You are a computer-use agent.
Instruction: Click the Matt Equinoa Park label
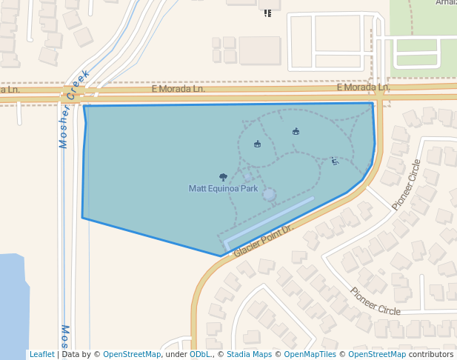pyautogui.click(x=223, y=189)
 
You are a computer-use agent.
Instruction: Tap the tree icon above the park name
pyautogui.click(x=223, y=177)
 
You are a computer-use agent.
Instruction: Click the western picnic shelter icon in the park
pyautogui.click(x=257, y=144)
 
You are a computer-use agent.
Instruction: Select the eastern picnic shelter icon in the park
pyautogui.click(x=296, y=131)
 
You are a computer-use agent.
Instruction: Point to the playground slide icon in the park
pyautogui.click(x=335, y=160)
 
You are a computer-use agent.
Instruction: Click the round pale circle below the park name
pyautogui.click(x=269, y=195)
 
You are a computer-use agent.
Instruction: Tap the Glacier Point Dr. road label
pyautogui.click(x=264, y=241)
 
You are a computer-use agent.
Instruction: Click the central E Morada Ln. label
pyautogui.click(x=178, y=88)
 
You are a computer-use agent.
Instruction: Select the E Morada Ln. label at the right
pyautogui.click(x=362, y=87)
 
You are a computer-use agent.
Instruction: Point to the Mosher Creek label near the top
pyautogui.click(x=73, y=109)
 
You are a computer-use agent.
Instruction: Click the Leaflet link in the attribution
pyautogui.click(x=41, y=354)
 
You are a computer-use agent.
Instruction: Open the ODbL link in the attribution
pyautogui.click(x=199, y=354)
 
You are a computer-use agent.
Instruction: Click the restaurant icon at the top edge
pyautogui.click(x=267, y=12)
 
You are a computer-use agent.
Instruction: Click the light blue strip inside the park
pyautogui.click(x=268, y=220)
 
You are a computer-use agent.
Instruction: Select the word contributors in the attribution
pyautogui.click(x=430, y=354)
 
